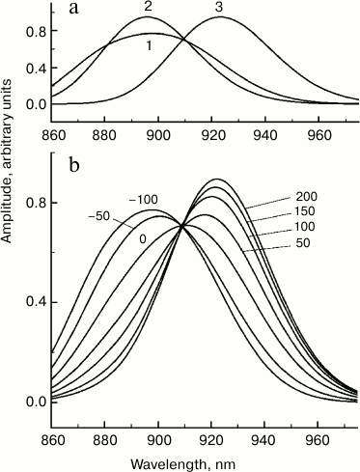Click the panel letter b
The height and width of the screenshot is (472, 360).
73,164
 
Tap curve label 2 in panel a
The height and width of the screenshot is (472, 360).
148,7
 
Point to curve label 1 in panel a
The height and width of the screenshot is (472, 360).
148,45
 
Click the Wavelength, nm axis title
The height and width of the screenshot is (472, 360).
207,461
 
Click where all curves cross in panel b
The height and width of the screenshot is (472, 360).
182,228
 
